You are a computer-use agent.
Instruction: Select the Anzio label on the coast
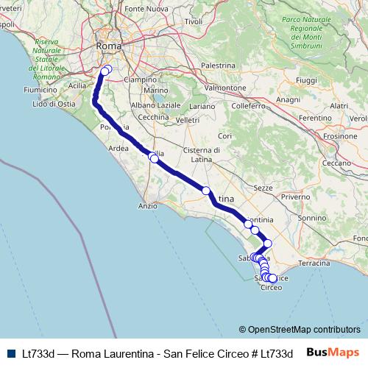click(x=148, y=206)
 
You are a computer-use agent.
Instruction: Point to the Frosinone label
click(x=340, y=135)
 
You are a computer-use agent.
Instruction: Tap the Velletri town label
click(x=188, y=120)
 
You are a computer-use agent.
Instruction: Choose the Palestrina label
click(x=216, y=66)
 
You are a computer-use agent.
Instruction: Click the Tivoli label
click(x=194, y=21)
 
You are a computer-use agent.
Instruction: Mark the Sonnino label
click(x=312, y=218)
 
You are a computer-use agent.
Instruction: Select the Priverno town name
click(x=295, y=197)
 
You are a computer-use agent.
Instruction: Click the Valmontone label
click(x=225, y=88)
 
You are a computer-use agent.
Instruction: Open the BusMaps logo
click(x=333, y=352)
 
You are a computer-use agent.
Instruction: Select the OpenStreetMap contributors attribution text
click(x=300, y=330)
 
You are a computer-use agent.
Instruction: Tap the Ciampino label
click(x=140, y=79)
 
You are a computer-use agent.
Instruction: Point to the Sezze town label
click(x=263, y=188)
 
